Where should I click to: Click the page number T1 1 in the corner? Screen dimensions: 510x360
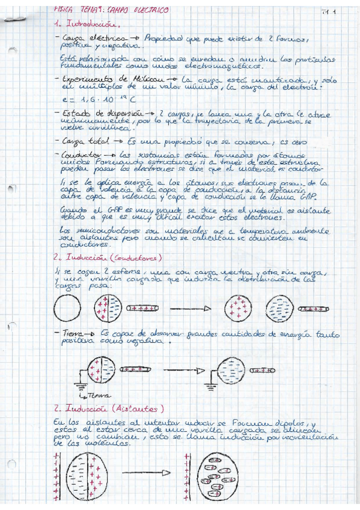pyautogui.click(x=328, y=11)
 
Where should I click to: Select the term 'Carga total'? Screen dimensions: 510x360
pyautogui.click(x=81, y=141)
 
